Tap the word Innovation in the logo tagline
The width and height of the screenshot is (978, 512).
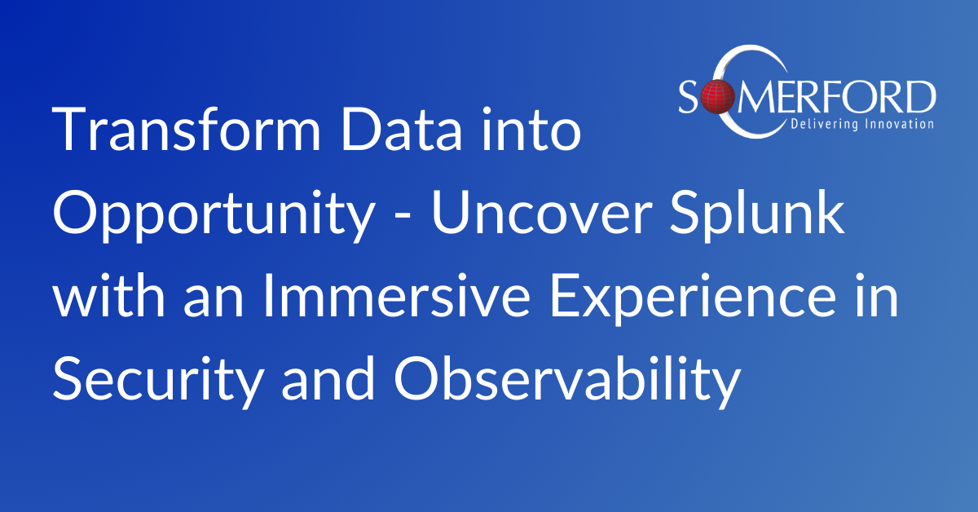click(x=900, y=124)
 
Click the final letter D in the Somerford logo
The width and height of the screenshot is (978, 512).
click(x=919, y=97)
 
